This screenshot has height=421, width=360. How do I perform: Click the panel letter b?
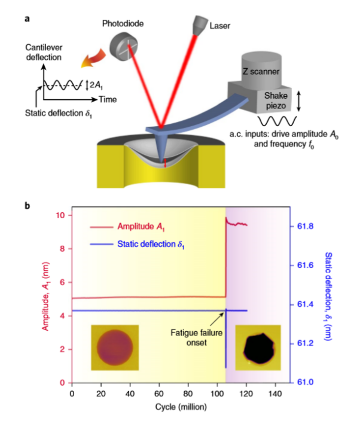pyautogui.click(x=26, y=206)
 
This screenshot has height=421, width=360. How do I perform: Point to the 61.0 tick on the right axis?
pyautogui.click(x=306, y=382)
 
